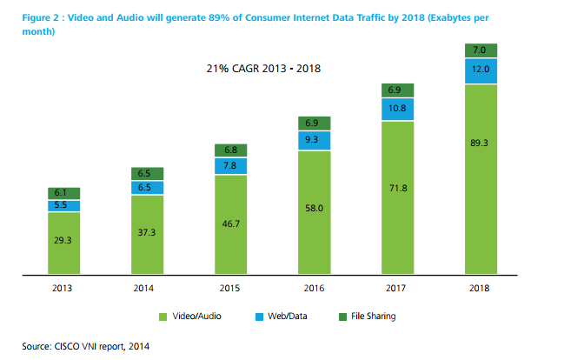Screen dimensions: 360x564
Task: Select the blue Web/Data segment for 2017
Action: coord(397,109)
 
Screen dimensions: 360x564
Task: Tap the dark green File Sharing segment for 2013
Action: coord(63,192)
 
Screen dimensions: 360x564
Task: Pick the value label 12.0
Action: coord(480,69)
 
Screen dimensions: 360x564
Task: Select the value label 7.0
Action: coord(480,50)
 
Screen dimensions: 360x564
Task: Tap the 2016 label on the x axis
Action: coord(313,289)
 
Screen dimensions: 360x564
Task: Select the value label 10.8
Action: coord(396,109)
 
